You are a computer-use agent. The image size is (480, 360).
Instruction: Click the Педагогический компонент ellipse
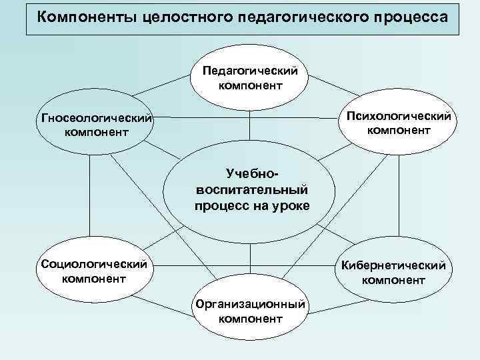250,77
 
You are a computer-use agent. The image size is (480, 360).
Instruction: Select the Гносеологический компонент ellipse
94,125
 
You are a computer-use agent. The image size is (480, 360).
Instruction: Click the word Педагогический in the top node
251,70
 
